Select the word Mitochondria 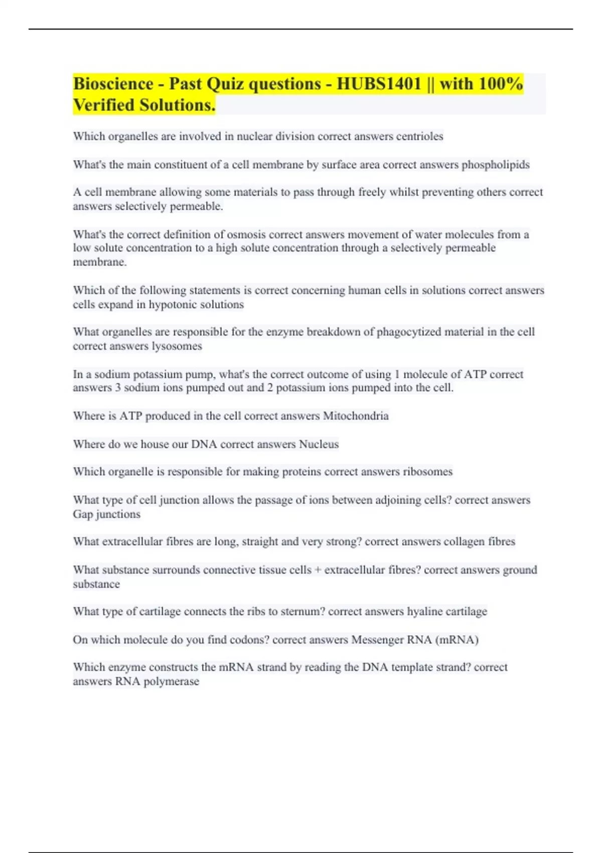pyautogui.click(x=356, y=416)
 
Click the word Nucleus pyautogui.click(x=319, y=444)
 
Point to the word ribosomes pyautogui.click(x=427, y=472)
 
